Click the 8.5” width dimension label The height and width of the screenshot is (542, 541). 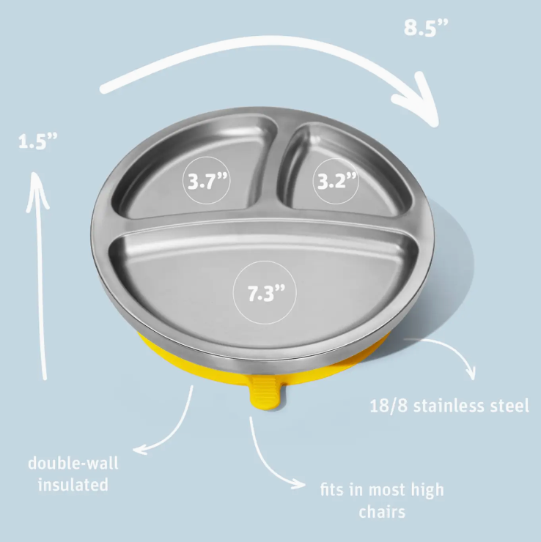426,28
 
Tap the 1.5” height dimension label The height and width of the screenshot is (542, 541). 37,141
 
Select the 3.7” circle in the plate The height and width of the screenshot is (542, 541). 207,180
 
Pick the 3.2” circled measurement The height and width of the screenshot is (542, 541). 336,181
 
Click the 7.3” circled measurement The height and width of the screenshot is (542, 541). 265,292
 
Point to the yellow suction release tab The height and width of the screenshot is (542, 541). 268,393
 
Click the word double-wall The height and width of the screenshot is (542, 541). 73,463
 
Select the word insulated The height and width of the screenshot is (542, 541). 73,484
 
